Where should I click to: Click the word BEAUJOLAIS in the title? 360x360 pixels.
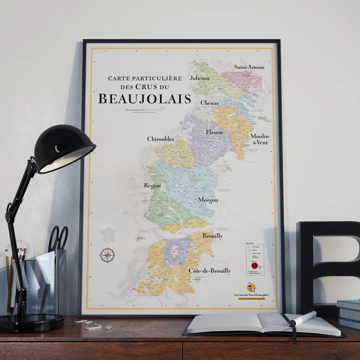(144, 98)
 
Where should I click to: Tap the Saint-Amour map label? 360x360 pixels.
(249, 67)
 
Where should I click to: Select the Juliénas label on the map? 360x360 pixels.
(200, 78)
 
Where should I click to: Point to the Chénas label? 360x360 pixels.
(210, 103)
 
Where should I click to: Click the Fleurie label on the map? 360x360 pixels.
(215, 132)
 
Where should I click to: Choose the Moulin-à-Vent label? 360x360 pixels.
(260, 139)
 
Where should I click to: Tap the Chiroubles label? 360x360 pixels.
(160, 139)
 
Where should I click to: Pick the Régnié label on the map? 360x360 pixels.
(152, 186)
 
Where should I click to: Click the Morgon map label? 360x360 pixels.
(208, 200)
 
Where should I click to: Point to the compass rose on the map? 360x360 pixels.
(107, 255)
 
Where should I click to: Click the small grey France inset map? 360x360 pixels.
(108, 235)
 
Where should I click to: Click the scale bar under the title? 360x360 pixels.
(144, 109)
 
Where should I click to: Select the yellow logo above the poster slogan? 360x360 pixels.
(251, 287)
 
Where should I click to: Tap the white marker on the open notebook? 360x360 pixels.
(303, 318)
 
